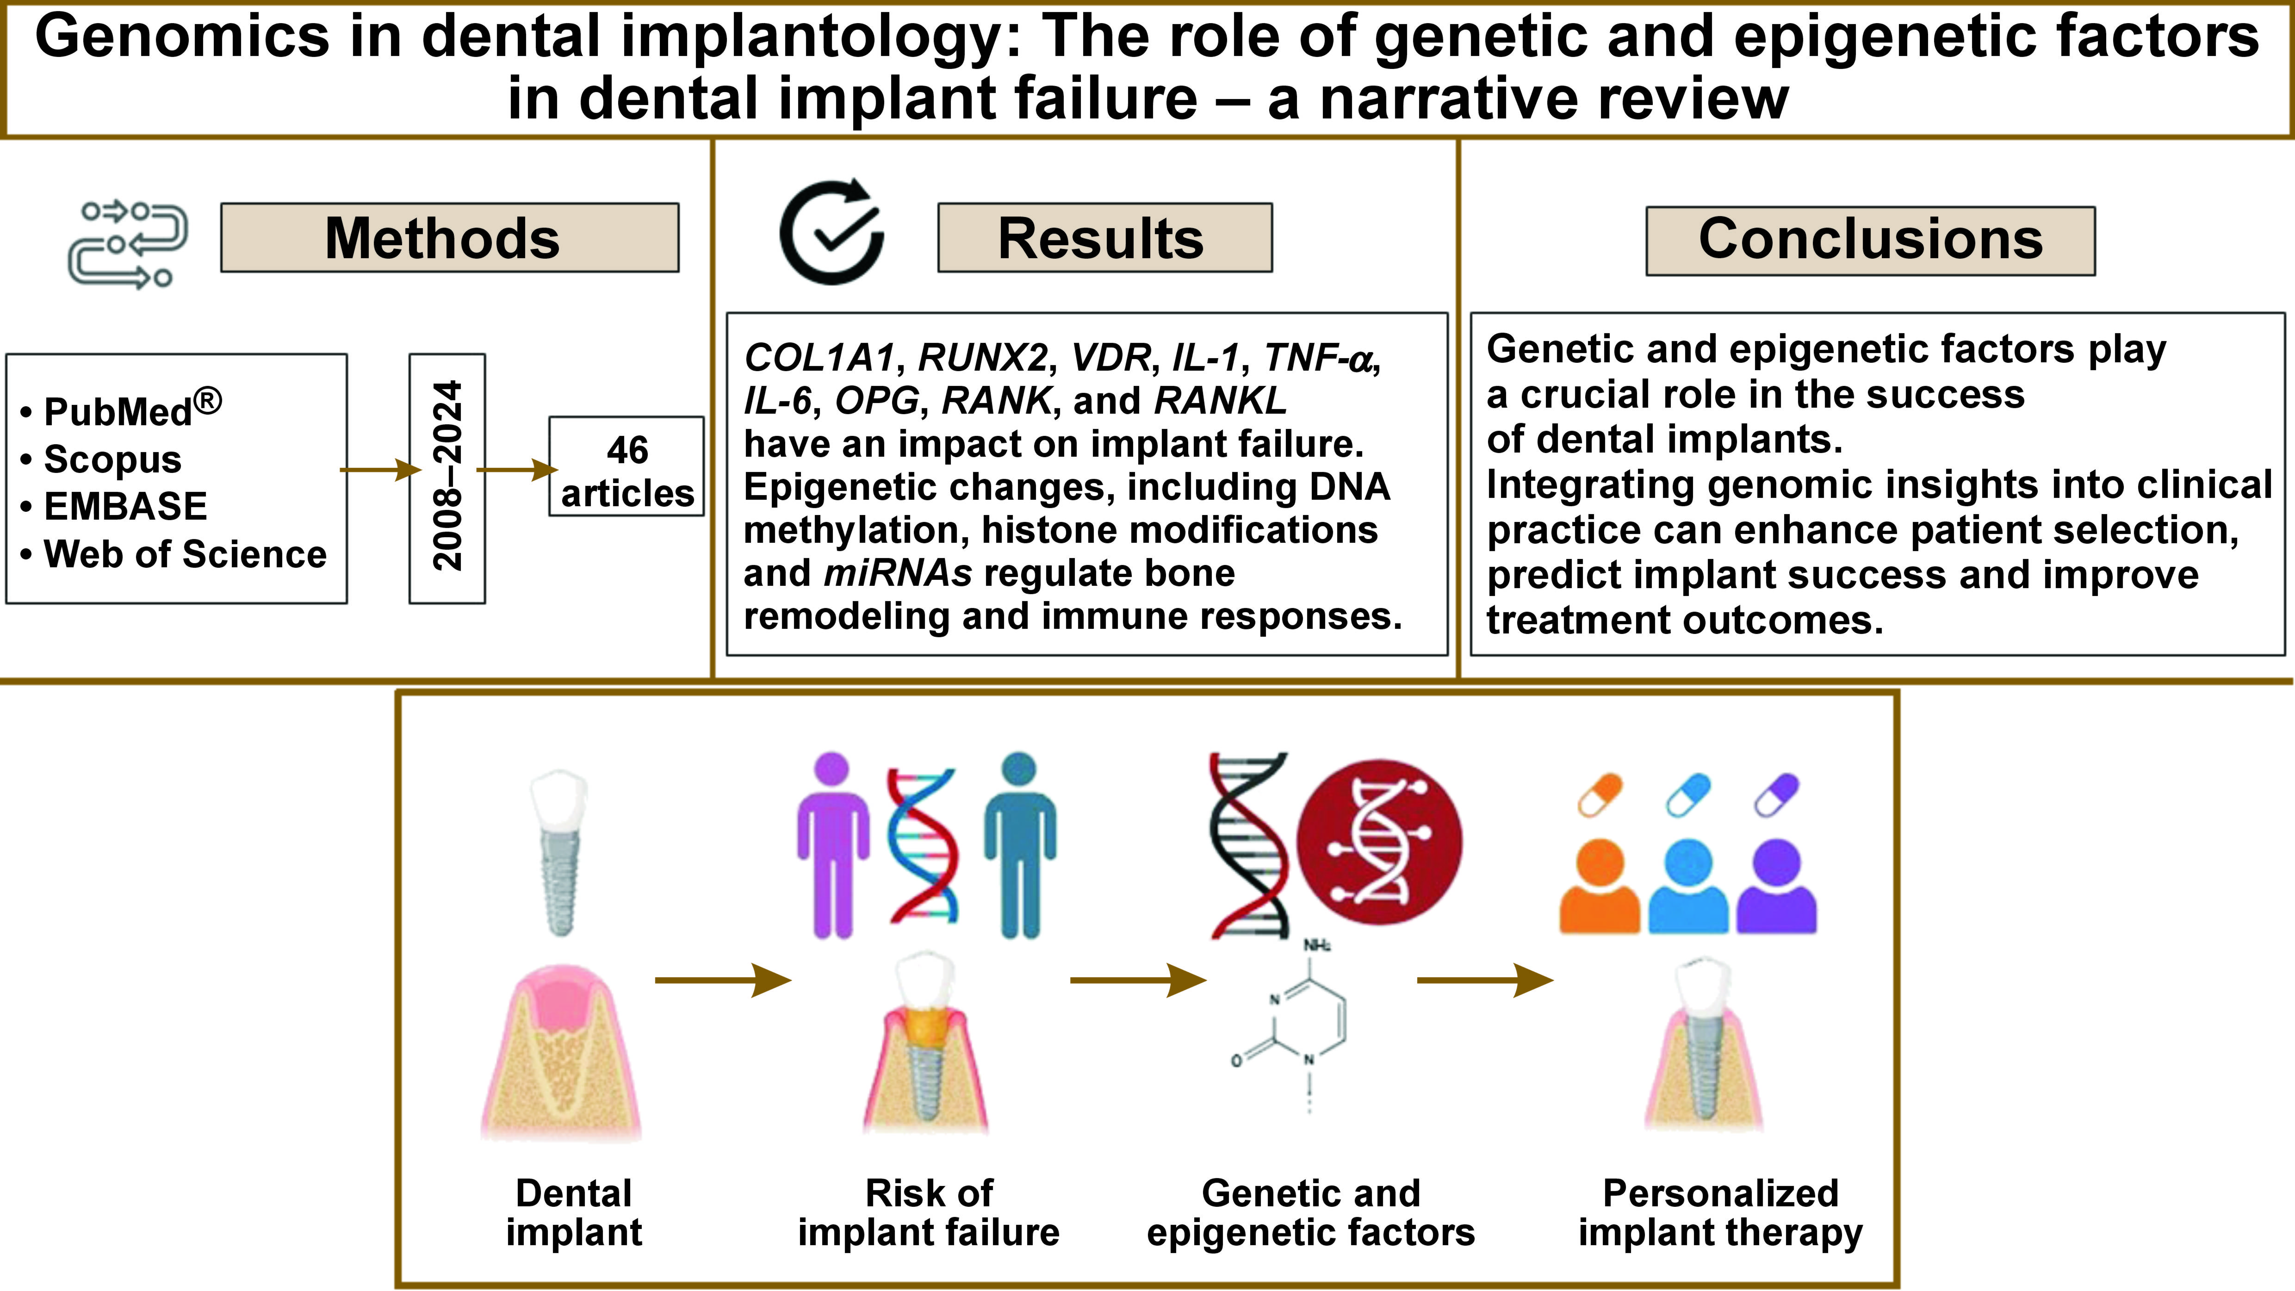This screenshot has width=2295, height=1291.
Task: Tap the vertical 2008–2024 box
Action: coord(447,478)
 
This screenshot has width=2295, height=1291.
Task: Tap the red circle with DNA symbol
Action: coord(1379,842)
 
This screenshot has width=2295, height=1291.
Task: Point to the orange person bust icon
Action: coord(1599,887)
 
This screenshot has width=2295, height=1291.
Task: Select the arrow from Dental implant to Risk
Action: coord(722,980)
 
